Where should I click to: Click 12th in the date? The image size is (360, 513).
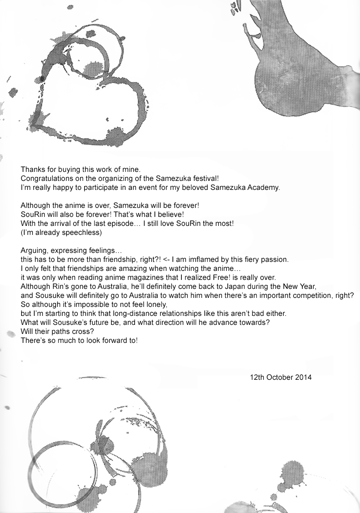pyautogui.click(x=257, y=377)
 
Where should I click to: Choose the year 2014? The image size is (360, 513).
pyautogui.click(x=303, y=377)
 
